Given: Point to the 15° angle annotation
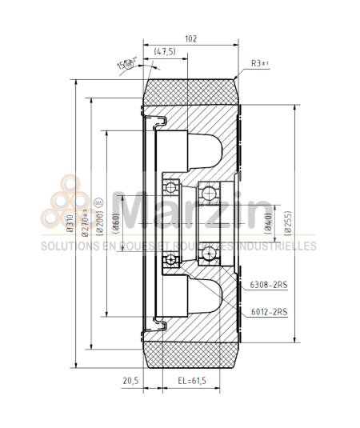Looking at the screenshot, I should (x=124, y=64).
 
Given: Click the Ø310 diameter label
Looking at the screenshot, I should (x=70, y=222).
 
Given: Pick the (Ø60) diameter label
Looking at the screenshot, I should (x=117, y=222).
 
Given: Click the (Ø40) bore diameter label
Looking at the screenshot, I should (x=268, y=222).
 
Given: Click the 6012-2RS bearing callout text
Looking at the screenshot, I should (x=268, y=311).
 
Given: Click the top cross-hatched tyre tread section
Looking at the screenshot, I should (x=190, y=89).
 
